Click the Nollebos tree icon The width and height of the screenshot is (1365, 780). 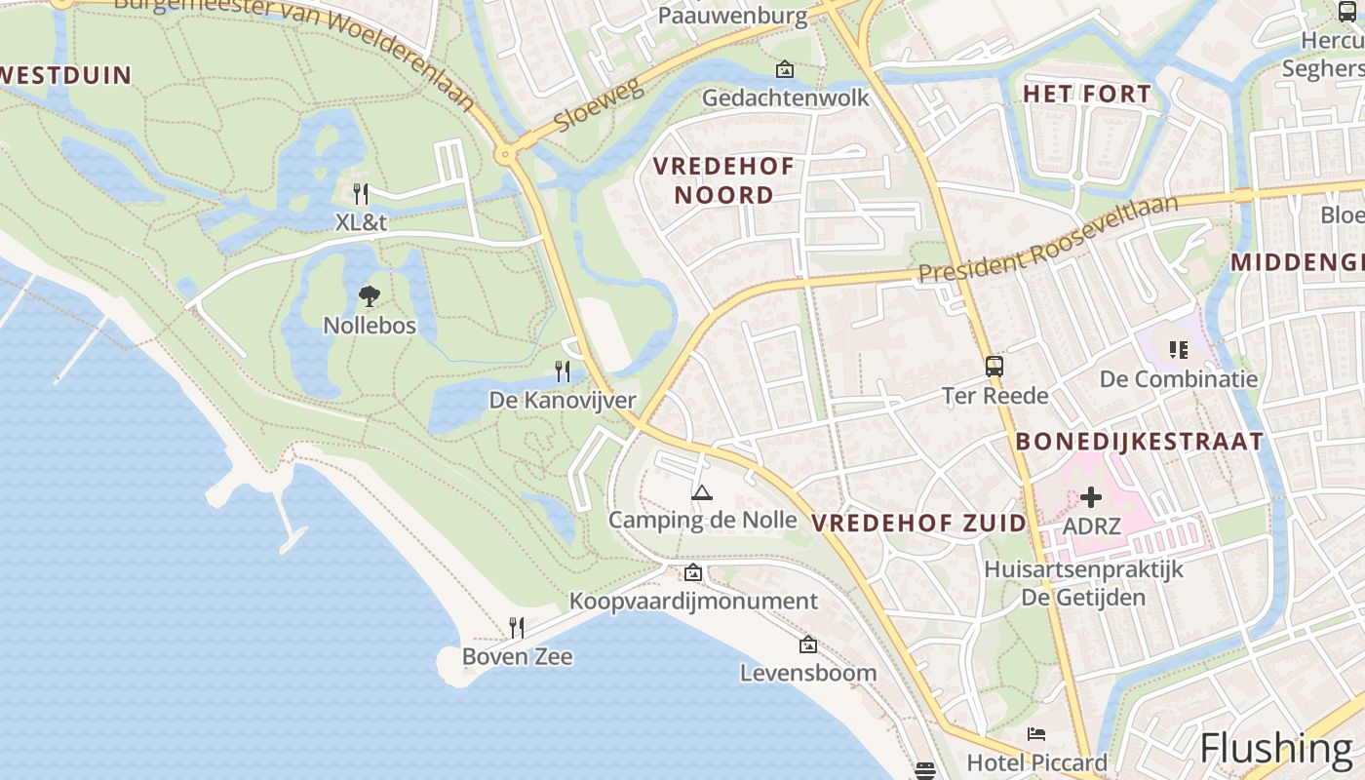click(x=370, y=296)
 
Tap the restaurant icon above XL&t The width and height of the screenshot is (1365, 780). click(x=361, y=193)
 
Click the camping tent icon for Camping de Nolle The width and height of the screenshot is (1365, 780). click(x=701, y=492)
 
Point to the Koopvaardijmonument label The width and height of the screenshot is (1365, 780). click(x=693, y=601)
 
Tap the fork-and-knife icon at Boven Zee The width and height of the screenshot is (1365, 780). click(x=517, y=627)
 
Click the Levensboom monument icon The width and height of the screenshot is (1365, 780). click(x=807, y=644)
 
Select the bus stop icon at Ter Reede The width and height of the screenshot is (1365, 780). click(x=994, y=367)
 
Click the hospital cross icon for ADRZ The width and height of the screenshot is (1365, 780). click(x=1091, y=497)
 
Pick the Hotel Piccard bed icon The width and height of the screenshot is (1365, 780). click(x=1035, y=734)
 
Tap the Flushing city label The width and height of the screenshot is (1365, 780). click(x=1275, y=748)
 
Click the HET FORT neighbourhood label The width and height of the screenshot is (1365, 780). click(x=1086, y=95)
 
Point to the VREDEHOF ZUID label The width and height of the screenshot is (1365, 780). click(x=918, y=523)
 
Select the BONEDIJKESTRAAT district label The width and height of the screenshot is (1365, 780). click(x=1139, y=442)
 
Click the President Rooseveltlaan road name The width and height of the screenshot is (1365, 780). click(x=1048, y=240)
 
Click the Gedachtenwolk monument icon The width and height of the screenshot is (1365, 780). click(x=784, y=69)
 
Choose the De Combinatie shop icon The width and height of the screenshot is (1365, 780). click(x=1178, y=349)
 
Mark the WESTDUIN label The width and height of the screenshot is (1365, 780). click(x=64, y=75)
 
